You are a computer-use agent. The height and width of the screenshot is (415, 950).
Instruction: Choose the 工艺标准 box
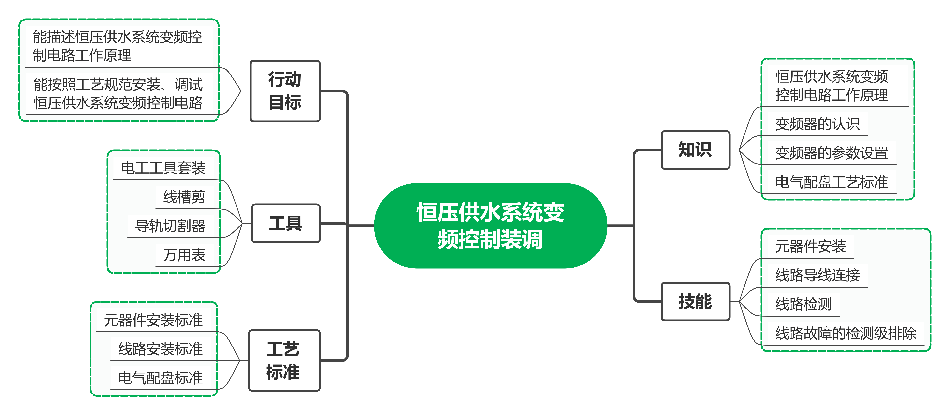(284, 360)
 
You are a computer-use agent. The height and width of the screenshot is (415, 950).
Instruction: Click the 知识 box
(695, 150)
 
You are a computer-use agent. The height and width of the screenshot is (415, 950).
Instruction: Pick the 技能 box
(695, 302)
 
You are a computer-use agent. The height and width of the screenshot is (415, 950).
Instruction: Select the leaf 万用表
(184, 255)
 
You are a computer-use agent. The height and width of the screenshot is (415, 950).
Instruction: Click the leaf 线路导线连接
(817, 275)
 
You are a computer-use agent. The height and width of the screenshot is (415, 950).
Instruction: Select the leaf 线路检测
(803, 304)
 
